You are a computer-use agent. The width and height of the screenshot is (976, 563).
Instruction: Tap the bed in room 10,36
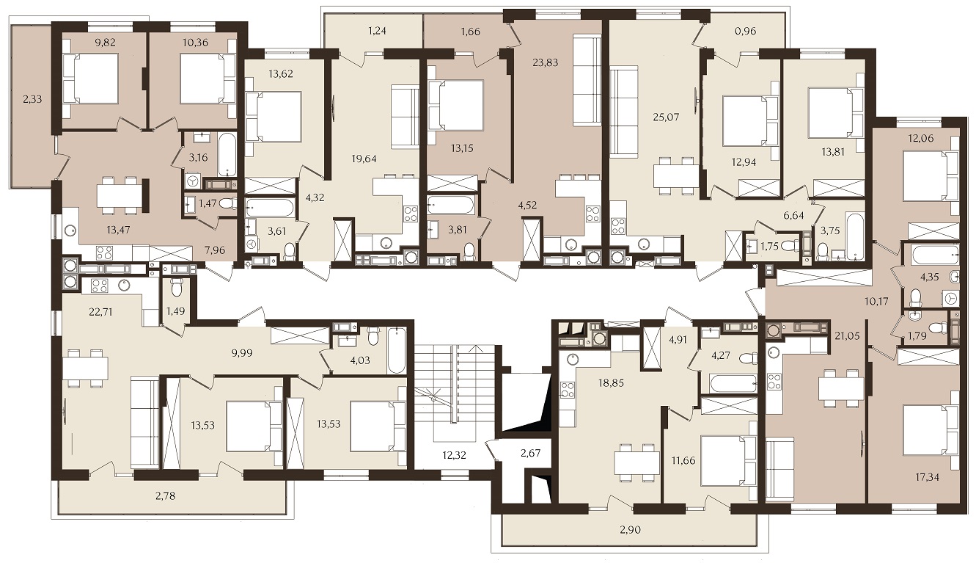[206, 81]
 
